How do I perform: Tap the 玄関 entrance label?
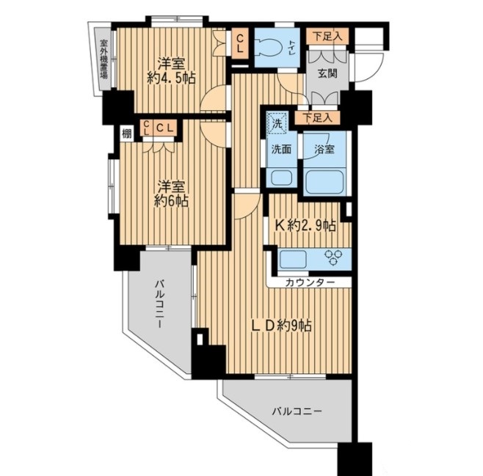[x=327, y=73]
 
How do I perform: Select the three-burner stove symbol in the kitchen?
[x=333, y=257]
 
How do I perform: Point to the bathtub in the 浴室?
[x=324, y=182]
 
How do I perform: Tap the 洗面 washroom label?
[x=281, y=150]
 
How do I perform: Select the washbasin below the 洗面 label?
[x=281, y=178]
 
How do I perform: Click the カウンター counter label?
[x=310, y=282]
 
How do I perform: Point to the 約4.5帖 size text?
[x=171, y=79]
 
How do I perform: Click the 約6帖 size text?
[x=171, y=201]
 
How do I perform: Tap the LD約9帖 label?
[x=282, y=326]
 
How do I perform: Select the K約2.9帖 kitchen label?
[x=305, y=226]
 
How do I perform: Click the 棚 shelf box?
[x=127, y=133]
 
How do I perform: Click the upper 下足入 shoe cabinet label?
[x=327, y=37]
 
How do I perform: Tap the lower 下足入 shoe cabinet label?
[x=317, y=118]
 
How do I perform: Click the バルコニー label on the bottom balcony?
[x=297, y=411]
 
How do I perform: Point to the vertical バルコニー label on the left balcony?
[x=159, y=304]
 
